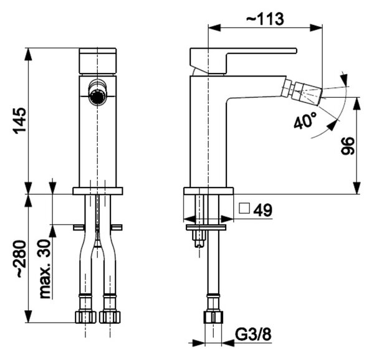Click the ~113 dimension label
(x=265, y=19)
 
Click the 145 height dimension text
(x=19, y=121)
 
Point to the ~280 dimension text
(x=19, y=259)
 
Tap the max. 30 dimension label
(x=45, y=268)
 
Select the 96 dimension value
(x=347, y=146)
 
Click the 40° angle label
(x=305, y=121)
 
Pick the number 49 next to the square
(x=262, y=210)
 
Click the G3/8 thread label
(x=253, y=334)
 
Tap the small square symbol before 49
(x=244, y=208)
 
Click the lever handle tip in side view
(x=295, y=50)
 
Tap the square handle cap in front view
(x=98, y=61)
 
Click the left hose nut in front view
(x=85, y=317)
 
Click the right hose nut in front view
(x=110, y=317)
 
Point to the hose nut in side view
(x=213, y=317)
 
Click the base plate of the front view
(x=98, y=191)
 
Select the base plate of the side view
(x=209, y=191)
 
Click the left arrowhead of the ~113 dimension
(x=214, y=27)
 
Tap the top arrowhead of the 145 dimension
(x=29, y=54)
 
